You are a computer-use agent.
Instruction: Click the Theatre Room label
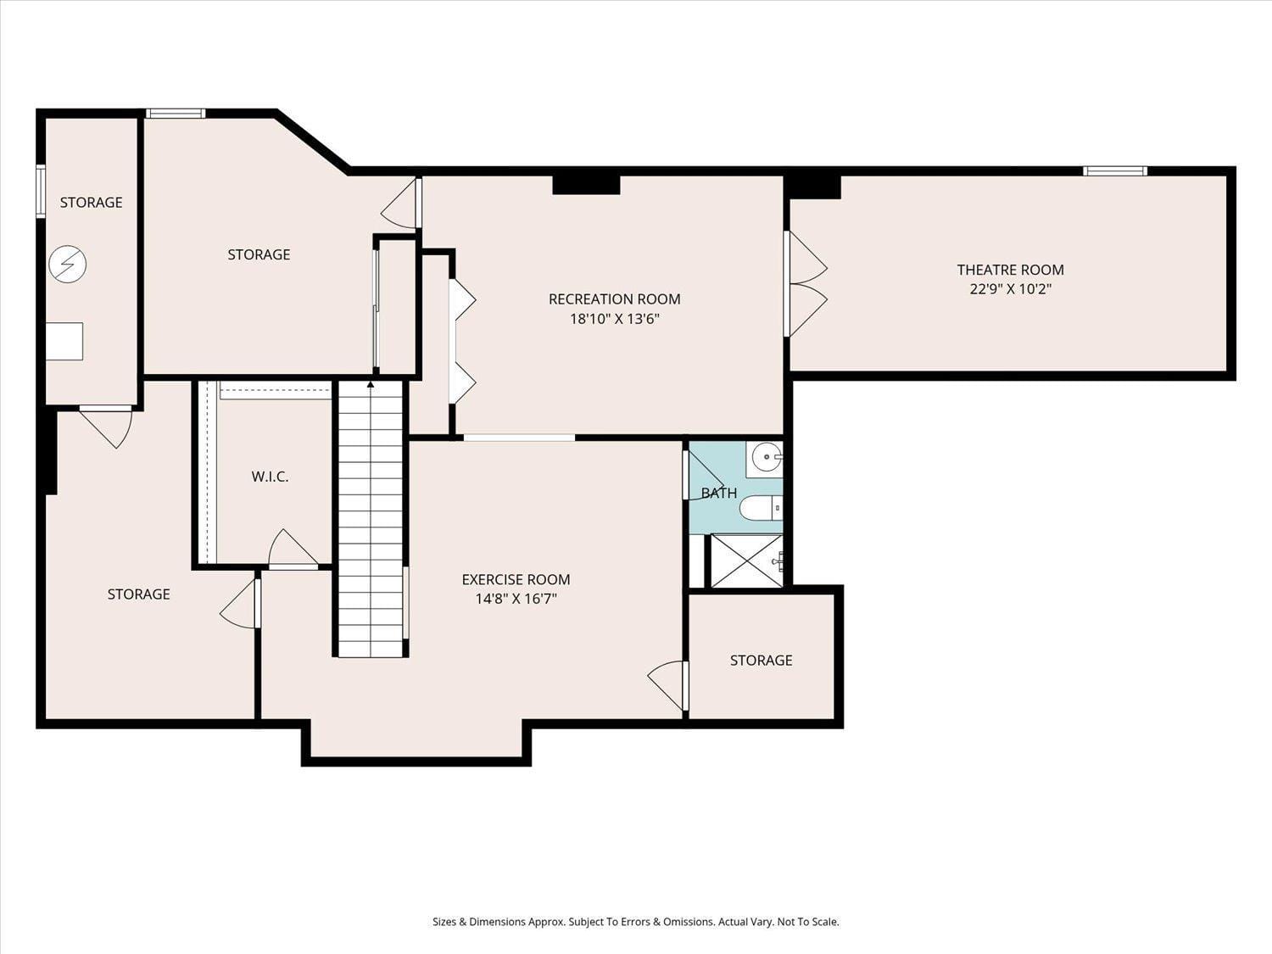[x=1010, y=270]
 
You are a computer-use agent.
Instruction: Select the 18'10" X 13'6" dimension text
[x=614, y=319]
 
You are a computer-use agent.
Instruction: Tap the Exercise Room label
[x=516, y=579]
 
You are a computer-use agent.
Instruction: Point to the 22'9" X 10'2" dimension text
[x=1010, y=288]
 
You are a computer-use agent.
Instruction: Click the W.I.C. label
[x=270, y=477]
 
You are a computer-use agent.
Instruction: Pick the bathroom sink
[x=766, y=458]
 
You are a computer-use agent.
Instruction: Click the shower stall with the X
[x=746, y=561]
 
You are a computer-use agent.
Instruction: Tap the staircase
[x=371, y=526]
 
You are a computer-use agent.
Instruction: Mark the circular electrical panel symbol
[x=67, y=265]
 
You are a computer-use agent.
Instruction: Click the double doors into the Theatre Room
[x=806, y=284]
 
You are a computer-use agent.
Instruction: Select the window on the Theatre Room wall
[x=1115, y=171]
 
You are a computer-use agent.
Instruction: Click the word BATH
[x=718, y=493]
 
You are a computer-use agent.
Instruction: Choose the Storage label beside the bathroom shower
[x=761, y=660]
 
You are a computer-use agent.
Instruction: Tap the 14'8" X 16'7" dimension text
[x=516, y=599]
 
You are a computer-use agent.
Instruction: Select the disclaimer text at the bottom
[x=635, y=922]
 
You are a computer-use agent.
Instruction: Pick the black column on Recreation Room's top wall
[x=586, y=185]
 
